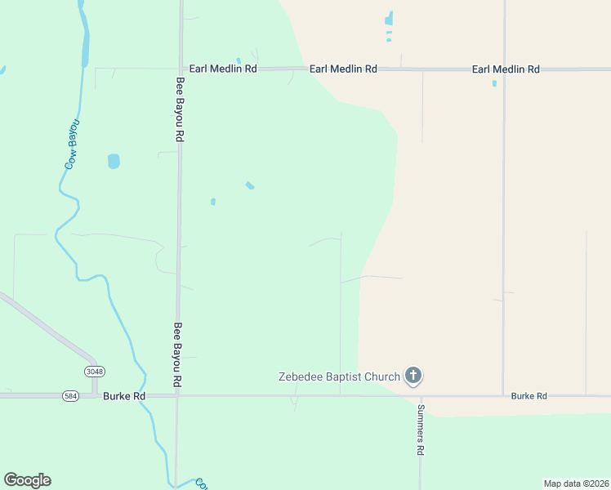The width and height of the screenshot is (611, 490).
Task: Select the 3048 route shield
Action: click(x=95, y=371)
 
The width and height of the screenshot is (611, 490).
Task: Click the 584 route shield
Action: click(x=70, y=396)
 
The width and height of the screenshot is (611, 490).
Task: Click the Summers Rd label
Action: click(x=421, y=430)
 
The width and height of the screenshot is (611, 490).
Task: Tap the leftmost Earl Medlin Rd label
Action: click(x=223, y=69)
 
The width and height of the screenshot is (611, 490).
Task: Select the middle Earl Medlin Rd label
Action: click(x=343, y=69)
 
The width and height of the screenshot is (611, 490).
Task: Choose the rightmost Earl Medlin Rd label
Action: click(x=506, y=69)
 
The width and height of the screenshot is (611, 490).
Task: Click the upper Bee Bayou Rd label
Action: click(x=180, y=109)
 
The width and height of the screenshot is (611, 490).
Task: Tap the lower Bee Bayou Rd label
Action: click(x=176, y=354)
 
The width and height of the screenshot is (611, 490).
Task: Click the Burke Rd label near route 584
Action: click(x=124, y=396)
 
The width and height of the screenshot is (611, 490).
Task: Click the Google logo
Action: click(x=27, y=480)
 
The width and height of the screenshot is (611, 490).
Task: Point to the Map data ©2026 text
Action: click(x=576, y=483)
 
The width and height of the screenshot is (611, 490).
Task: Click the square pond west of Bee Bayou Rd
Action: click(x=114, y=161)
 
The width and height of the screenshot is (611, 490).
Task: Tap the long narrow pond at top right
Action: click(x=389, y=18)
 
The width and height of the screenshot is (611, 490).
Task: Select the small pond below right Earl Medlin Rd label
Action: click(x=494, y=82)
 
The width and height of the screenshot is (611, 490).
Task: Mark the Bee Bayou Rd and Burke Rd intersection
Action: click(x=177, y=396)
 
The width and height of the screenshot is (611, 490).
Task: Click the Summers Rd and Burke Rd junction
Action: click(x=421, y=396)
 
